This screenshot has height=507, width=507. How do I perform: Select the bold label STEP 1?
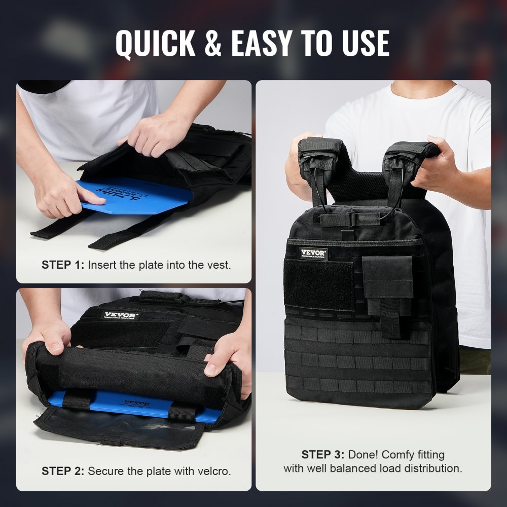tap(63, 265)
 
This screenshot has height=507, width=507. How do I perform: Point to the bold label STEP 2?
tap(63, 471)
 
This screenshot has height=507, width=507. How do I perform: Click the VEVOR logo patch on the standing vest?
tap(313, 253)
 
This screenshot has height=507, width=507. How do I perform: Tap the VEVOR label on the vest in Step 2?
tap(120, 315)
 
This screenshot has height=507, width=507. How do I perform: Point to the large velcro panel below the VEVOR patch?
tap(319, 285)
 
